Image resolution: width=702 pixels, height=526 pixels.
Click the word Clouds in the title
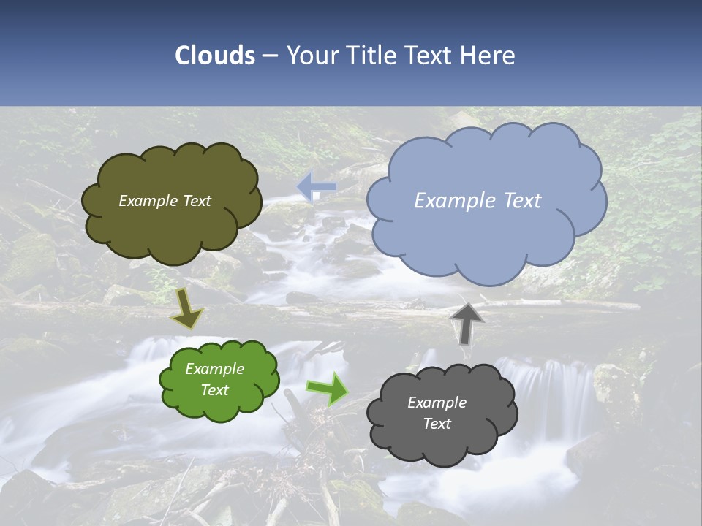click(x=215, y=56)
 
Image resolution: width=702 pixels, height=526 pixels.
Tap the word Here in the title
click(x=489, y=56)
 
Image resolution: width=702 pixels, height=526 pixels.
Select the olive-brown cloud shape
click(x=171, y=219)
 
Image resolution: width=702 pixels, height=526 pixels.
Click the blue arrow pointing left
click(x=316, y=187)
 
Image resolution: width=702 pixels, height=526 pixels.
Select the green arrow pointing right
click(x=328, y=389)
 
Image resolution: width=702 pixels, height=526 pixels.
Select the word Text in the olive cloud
click(x=197, y=201)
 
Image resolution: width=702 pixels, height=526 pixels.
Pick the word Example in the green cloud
click(x=214, y=369)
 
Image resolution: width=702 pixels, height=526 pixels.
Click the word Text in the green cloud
click(x=215, y=390)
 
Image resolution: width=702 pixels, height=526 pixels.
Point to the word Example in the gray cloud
click(x=437, y=403)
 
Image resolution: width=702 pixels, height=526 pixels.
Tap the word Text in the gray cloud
click(x=437, y=424)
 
